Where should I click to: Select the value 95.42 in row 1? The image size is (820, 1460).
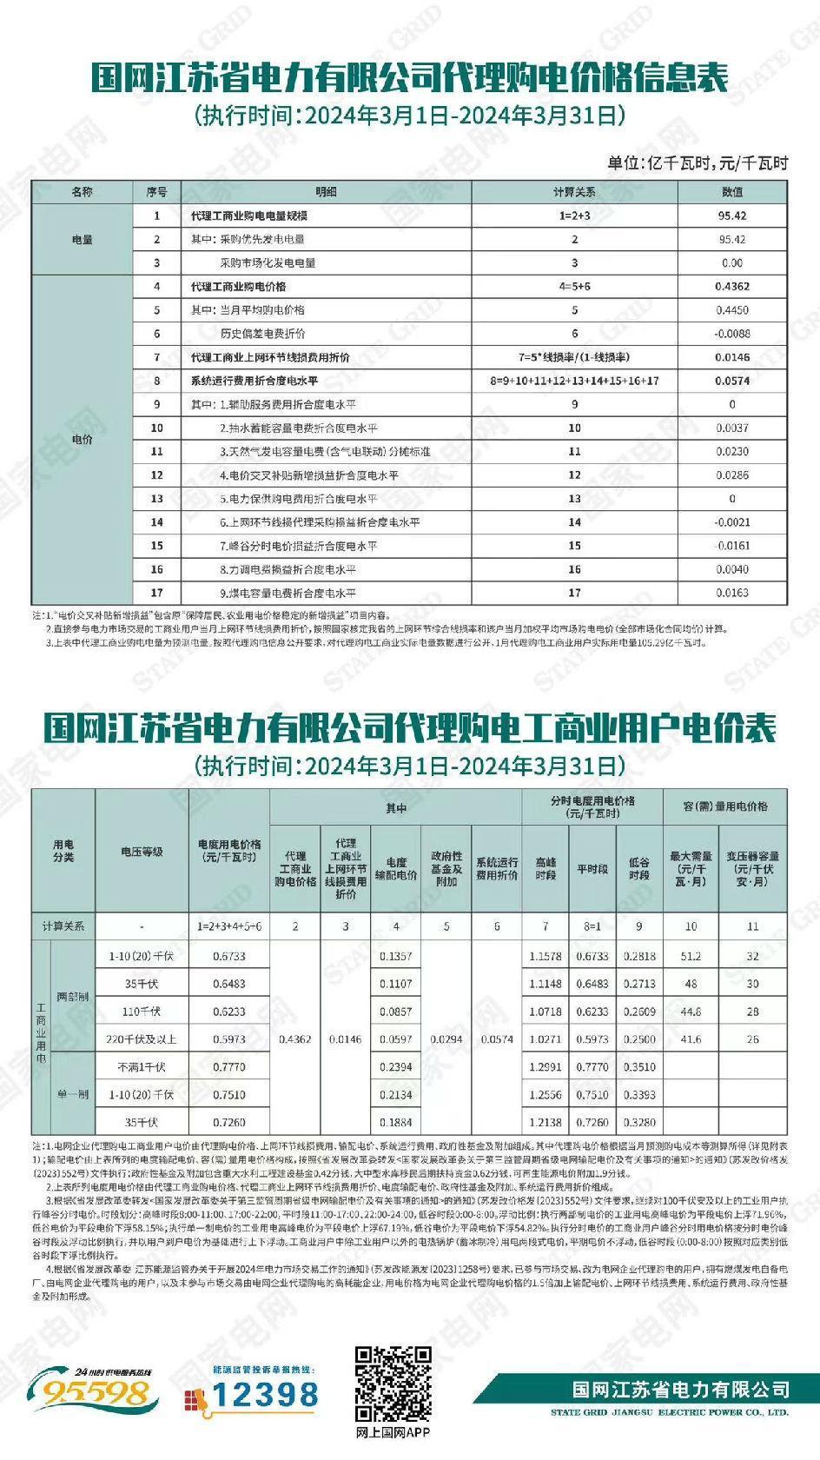click(732, 216)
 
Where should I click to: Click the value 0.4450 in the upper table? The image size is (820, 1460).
click(732, 310)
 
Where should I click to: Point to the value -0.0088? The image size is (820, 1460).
click(732, 334)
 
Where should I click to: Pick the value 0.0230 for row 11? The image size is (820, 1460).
click(732, 452)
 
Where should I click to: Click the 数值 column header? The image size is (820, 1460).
click(732, 192)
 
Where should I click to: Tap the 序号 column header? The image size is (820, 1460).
click(157, 192)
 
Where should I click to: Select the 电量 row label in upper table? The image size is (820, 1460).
click(82, 240)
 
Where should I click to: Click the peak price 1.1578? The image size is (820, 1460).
click(546, 956)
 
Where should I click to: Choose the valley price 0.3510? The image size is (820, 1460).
click(639, 1067)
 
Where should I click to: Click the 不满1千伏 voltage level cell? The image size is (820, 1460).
click(142, 1067)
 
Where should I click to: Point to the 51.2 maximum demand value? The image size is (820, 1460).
click(691, 956)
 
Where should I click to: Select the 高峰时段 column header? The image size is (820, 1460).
click(546, 869)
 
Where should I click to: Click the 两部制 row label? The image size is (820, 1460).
click(72, 997)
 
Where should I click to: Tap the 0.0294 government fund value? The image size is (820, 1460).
click(446, 1039)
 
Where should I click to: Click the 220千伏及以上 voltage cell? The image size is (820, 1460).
click(142, 1039)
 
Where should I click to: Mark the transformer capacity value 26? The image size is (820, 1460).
click(752, 1039)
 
